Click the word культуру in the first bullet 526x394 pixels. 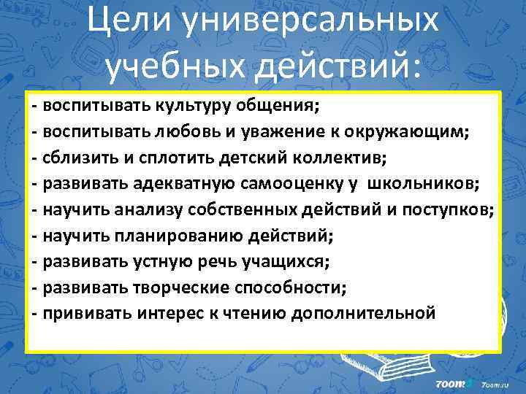coord(191,106)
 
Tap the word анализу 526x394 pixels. coord(148,210)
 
